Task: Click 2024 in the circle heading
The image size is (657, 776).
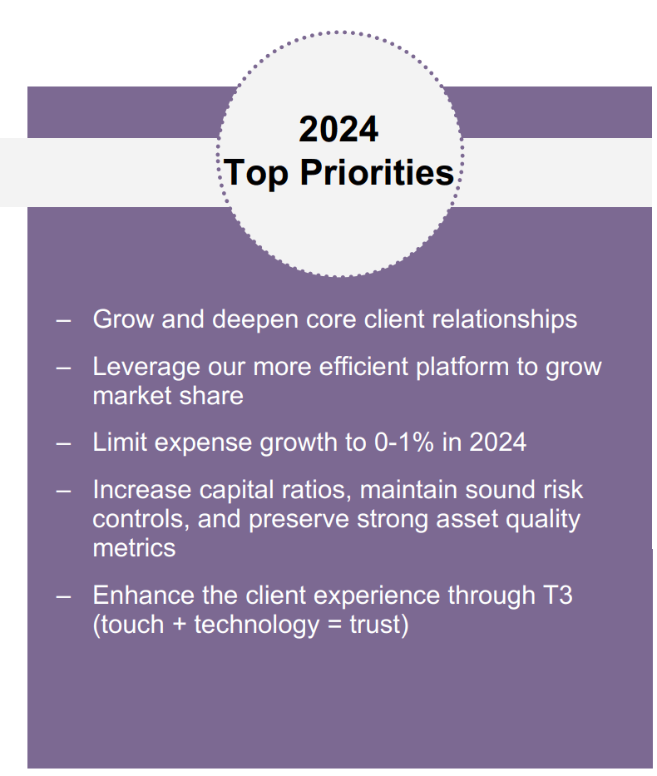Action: (338, 130)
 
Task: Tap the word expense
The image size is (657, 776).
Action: (198, 442)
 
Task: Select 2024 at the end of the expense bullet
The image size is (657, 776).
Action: (497, 442)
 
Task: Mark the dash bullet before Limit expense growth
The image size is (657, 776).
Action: (63, 442)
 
